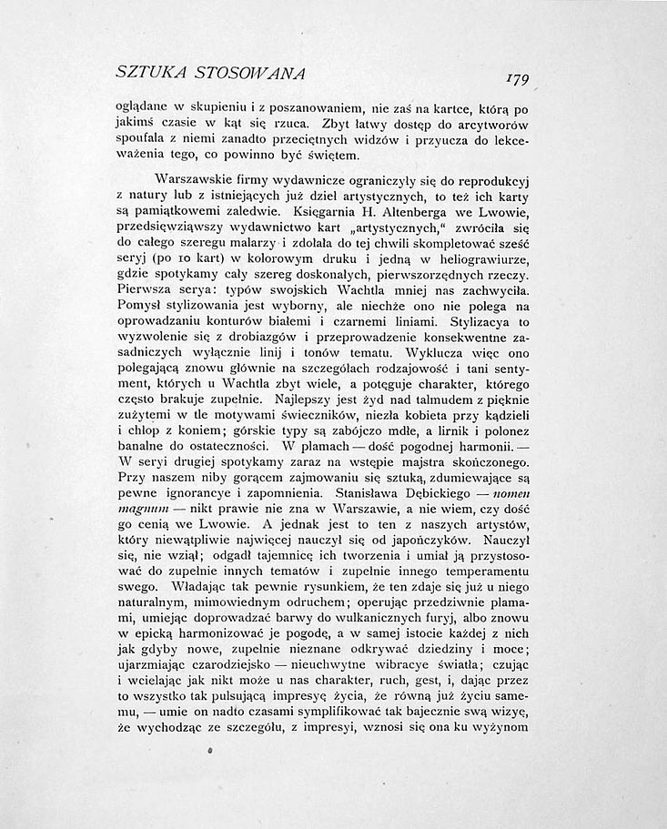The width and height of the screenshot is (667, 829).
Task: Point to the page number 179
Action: coord(524,76)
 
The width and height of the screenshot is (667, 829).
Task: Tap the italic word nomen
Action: coord(507,499)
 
